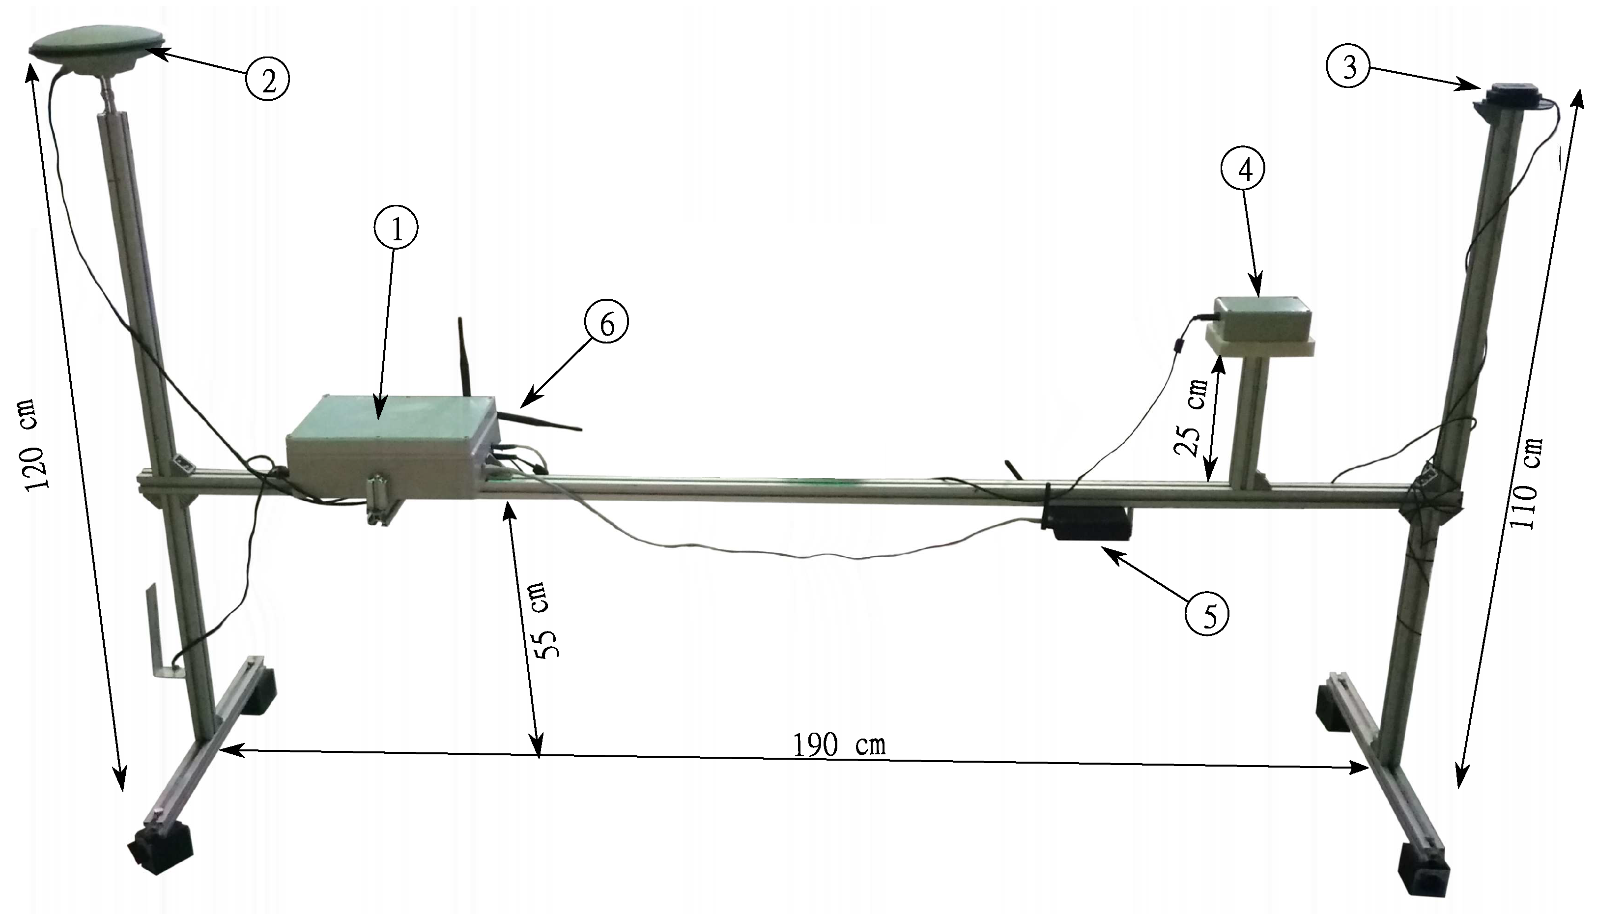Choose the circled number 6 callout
(x=606, y=323)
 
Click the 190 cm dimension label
(x=839, y=745)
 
